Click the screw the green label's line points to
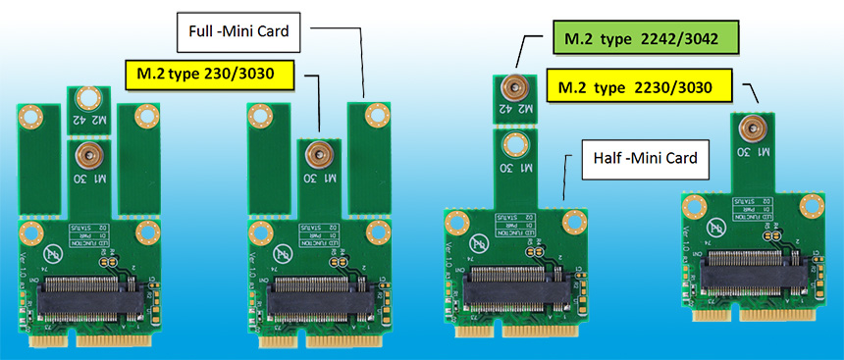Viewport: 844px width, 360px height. pyautogui.click(x=511, y=85)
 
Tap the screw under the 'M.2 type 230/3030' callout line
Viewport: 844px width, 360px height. pyautogui.click(x=316, y=153)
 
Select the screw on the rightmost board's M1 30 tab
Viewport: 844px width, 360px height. pyautogui.click(x=752, y=127)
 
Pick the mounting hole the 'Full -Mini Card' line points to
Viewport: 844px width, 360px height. pyautogui.click(x=373, y=116)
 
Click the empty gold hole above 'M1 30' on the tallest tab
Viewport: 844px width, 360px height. pyautogui.click(x=511, y=142)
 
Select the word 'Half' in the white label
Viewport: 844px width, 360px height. pyautogui.click(x=604, y=157)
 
